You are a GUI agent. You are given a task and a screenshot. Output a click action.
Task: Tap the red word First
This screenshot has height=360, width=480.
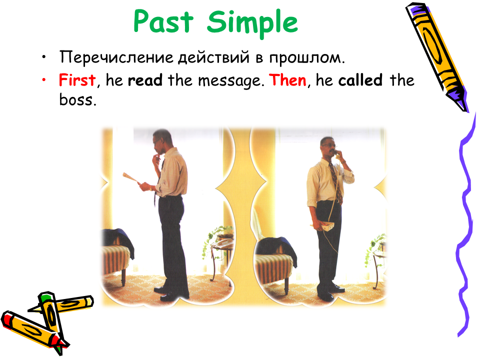click(x=77, y=80)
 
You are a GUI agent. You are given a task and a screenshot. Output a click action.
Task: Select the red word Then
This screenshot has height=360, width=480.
click(x=288, y=80)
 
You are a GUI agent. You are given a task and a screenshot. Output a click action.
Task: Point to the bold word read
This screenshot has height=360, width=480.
click(x=145, y=80)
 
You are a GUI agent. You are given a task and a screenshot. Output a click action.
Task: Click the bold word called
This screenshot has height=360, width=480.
click(x=360, y=80)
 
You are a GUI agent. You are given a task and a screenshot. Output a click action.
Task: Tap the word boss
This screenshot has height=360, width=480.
click(x=78, y=99)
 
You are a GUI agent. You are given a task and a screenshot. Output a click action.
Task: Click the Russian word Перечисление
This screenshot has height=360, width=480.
click(x=116, y=57)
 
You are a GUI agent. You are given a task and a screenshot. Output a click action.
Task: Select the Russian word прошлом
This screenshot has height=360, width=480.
click(x=306, y=58)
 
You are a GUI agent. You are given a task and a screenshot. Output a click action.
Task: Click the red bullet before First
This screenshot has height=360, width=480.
click(x=44, y=80)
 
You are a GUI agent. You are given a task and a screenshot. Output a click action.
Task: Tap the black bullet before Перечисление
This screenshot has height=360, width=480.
click(x=44, y=57)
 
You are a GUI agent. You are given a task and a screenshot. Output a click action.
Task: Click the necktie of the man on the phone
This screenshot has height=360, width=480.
click(x=336, y=182)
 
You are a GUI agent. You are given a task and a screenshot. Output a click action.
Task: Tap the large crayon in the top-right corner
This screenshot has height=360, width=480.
click(x=437, y=57)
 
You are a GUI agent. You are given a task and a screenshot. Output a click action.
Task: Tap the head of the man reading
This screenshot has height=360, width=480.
click(x=162, y=141)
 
